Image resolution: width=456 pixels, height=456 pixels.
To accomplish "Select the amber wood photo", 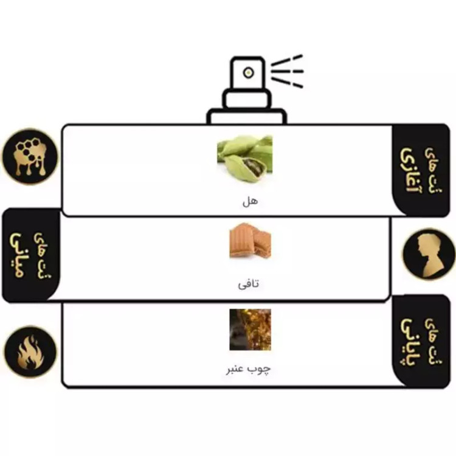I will coord(250,330).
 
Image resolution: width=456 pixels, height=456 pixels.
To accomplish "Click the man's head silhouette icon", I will coord(429,254).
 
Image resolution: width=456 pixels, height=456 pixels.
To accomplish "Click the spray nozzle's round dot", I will coord(248,73).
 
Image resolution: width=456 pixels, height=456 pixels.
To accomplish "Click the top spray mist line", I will coord(287,60).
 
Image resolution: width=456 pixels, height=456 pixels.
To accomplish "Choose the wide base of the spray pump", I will coord(246,116).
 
